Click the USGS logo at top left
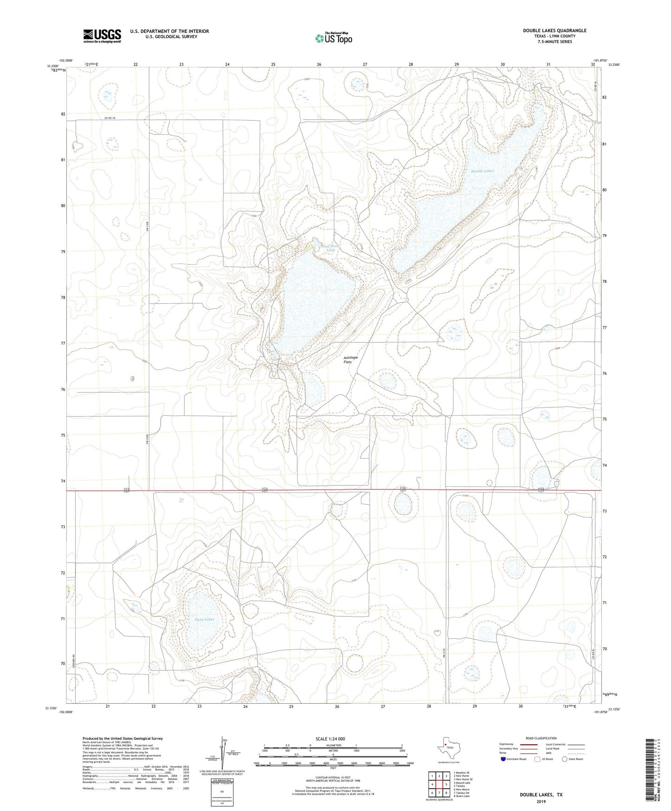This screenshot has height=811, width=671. point(102,36)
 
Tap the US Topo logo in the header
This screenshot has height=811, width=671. point(333,39)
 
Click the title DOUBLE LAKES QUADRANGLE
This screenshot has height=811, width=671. point(554,31)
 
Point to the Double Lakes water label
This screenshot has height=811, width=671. point(482,171)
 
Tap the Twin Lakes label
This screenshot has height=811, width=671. point(204,620)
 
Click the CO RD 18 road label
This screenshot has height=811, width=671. point(109,118)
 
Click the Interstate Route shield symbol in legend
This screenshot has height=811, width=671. point(503,759)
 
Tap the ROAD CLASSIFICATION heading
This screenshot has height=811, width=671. point(541,738)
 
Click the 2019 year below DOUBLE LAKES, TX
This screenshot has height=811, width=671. point(541,801)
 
